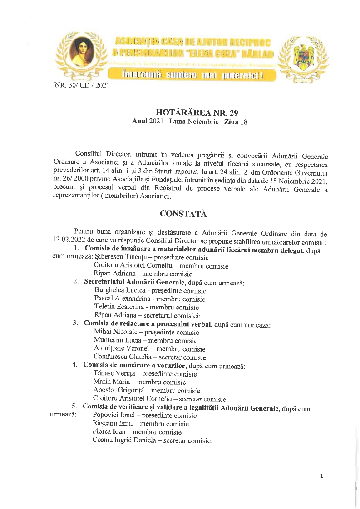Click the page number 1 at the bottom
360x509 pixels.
pyautogui.click(x=321, y=476)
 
